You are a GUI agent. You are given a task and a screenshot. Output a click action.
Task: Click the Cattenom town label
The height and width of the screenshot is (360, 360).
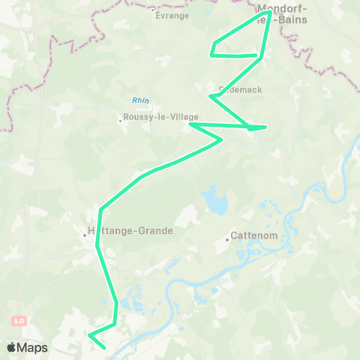pyautogui.click(x=255, y=235)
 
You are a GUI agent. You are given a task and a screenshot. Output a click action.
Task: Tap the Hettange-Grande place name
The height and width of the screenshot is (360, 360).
pyautogui.click(x=132, y=230)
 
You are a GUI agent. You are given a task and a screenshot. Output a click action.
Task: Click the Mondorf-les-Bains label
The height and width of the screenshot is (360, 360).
pyautogui.click(x=288, y=16)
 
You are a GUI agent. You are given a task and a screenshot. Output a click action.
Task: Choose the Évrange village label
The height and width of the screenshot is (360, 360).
pyautogui.click(x=172, y=15)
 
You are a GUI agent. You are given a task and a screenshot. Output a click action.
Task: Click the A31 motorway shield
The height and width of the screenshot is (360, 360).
pyautogui.click(x=19, y=320)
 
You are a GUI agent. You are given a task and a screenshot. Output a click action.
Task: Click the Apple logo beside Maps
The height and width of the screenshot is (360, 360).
pyautogui.click(x=12, y=347)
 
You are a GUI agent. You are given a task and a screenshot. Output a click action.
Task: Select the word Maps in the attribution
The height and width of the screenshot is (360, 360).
pyautogui.click(x=32, y=348)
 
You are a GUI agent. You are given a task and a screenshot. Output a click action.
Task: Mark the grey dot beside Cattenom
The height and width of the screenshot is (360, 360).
pyautogui.click(x=227, y=240)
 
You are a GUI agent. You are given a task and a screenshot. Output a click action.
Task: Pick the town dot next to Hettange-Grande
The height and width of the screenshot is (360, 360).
pyautogui.click(x=85, y=235)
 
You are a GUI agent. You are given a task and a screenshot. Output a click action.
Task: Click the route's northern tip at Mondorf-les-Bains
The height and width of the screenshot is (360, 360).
pyautogui.click(x=268, y=11)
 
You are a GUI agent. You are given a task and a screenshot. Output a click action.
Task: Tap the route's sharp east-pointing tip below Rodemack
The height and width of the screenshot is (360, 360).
pyautogui.click(x=265, y=127)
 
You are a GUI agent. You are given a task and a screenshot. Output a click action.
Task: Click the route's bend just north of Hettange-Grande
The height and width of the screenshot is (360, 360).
pyautogui.click(x=100, y=209)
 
